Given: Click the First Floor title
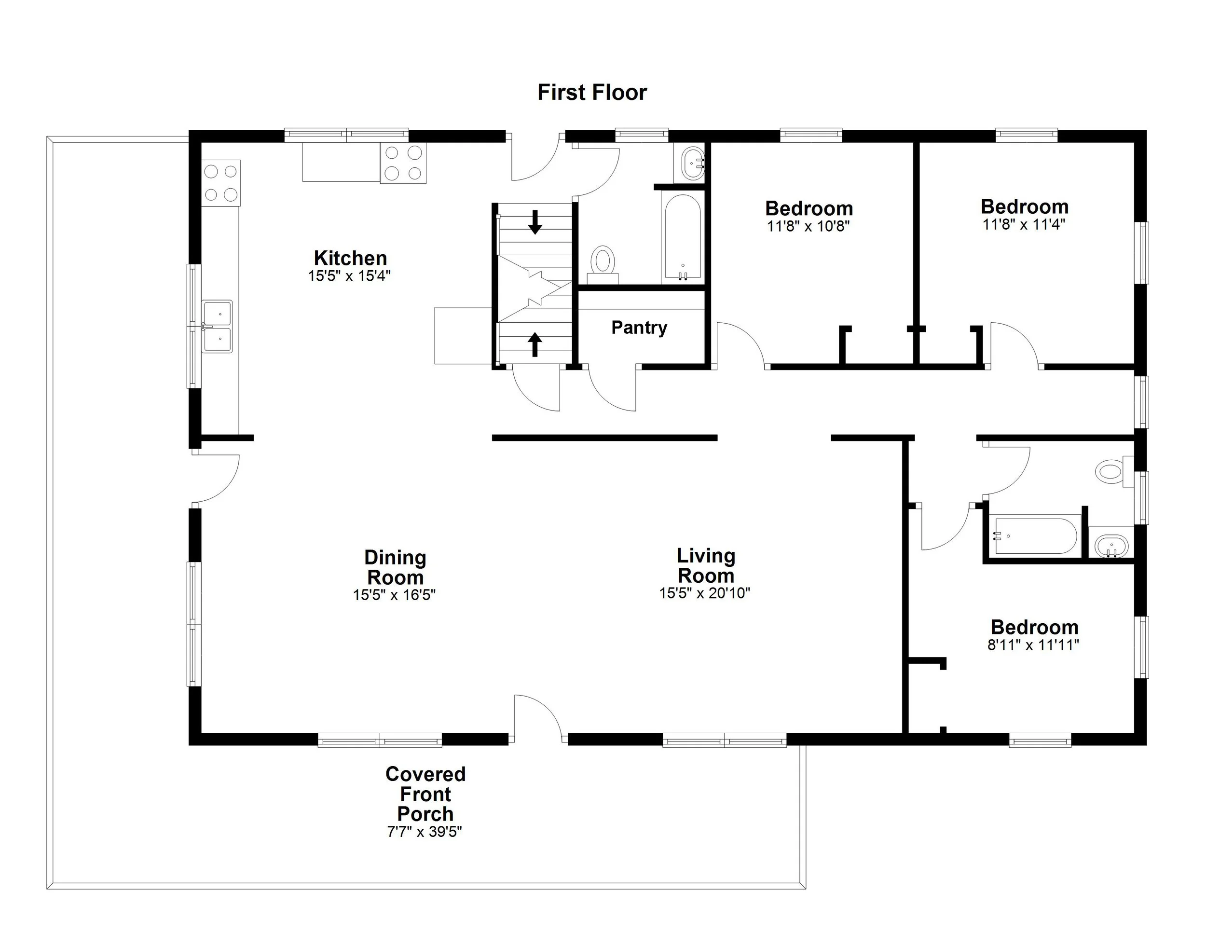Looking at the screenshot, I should pos(592,92).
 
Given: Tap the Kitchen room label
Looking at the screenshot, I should pos(350,258).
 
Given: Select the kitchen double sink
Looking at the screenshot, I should pos(217,326).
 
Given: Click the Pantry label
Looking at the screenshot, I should pos(639,328).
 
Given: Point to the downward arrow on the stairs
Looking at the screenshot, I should pos(534,222).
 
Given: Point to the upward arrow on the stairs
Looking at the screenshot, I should pos(534,344).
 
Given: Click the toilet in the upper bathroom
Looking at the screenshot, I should pos(603,260).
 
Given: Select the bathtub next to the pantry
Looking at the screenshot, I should pos(683,237).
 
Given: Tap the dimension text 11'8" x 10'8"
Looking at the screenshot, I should pos(808,226).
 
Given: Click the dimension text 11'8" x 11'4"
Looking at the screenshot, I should pos(1024,225).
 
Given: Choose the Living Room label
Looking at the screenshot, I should pos(706,565).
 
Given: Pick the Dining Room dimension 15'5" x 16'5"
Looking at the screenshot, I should pos(394,595).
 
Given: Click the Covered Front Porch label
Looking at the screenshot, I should pos(425,794).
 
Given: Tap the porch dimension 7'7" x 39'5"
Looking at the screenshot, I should pos(424,832).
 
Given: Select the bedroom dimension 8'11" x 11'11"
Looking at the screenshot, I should pos(1033,645).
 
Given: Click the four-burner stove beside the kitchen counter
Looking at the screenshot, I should pos(403,163).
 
